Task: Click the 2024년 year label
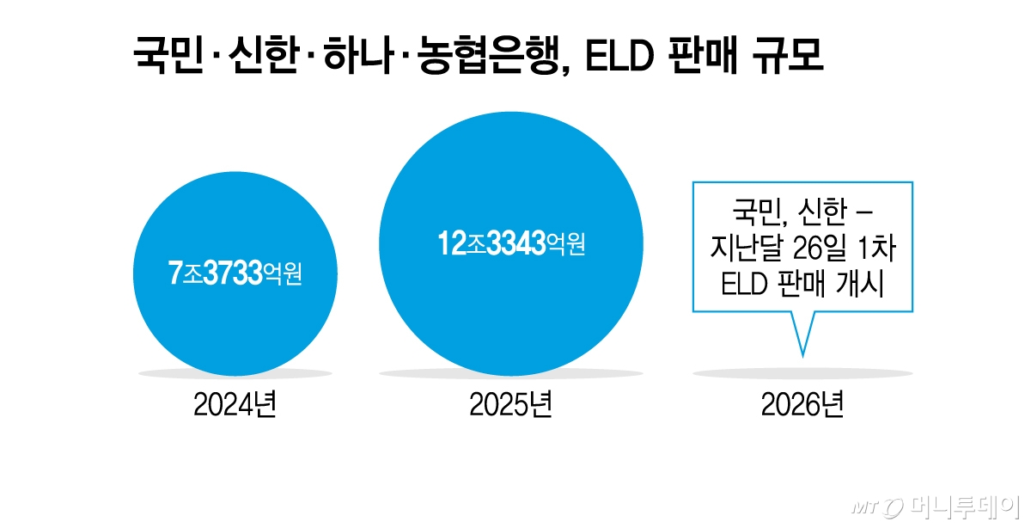tap(235, 406)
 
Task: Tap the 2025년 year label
tap(510, 406)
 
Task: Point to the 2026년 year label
tap(802, 406)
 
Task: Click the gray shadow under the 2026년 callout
tap(802, 373)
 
